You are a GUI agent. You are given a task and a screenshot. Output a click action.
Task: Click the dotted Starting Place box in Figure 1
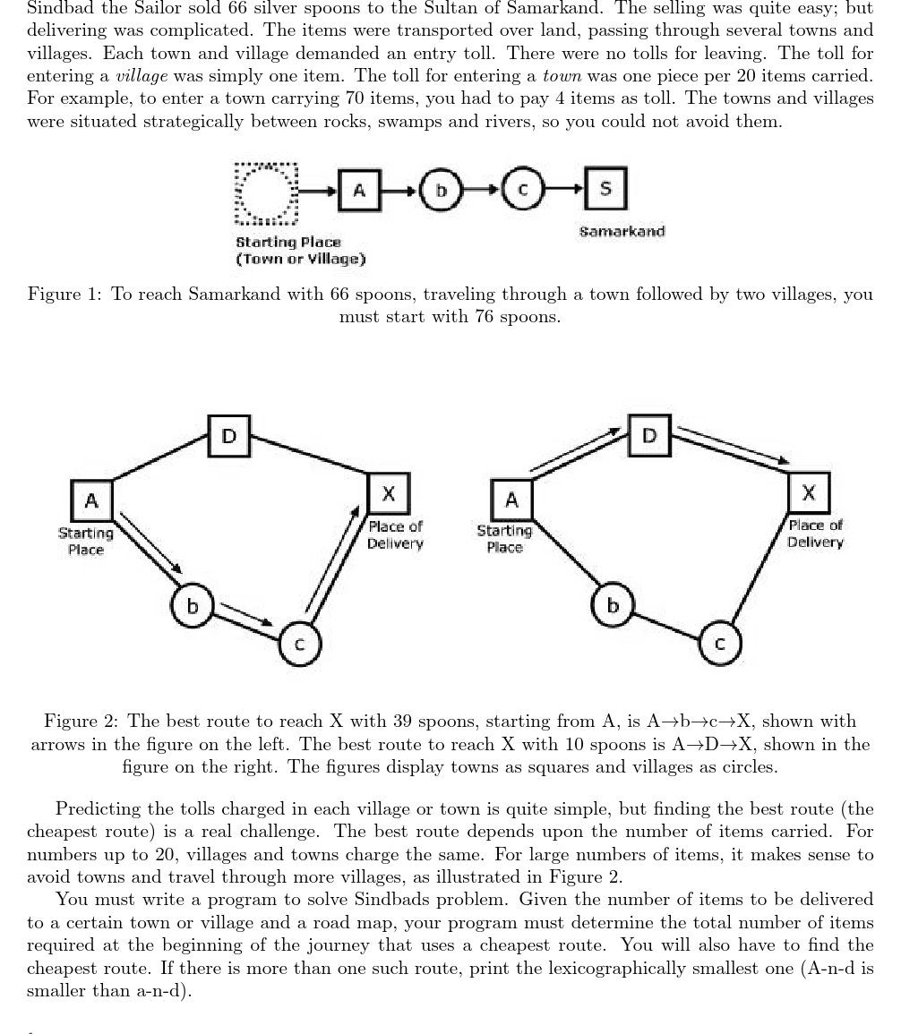(265, 192)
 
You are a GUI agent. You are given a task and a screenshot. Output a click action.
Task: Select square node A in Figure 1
(359, 190)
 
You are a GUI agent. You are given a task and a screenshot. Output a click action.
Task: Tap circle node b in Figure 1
(440, 191)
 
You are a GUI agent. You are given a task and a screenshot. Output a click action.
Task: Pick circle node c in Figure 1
(524, 190)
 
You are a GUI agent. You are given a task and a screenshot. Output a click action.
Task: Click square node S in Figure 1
(605, 188)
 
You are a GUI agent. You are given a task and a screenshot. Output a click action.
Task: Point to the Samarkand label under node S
(622, 231)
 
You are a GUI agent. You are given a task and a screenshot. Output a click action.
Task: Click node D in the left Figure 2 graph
(229, 436)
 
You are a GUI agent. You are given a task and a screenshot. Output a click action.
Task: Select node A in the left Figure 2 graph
(91, 500)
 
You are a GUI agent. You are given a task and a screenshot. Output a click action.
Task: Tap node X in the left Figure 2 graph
(389, 493)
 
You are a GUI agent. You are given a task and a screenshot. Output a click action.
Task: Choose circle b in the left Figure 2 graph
(193, 606)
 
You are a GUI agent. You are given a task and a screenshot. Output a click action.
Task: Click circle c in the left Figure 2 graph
(300, 644)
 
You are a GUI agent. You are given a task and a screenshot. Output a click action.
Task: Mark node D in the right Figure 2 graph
(649, 435)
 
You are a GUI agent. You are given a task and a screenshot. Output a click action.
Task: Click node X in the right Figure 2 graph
(809, 492)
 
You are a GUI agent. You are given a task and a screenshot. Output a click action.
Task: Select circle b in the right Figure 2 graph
(613, 605)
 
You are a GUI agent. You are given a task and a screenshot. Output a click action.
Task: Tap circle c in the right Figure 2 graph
(720, 643)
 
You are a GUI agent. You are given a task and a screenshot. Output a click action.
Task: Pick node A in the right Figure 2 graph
(511, 500)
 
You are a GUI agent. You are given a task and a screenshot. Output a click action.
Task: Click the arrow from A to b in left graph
(150, 543)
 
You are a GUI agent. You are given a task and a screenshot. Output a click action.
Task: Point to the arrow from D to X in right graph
(732, 445)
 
